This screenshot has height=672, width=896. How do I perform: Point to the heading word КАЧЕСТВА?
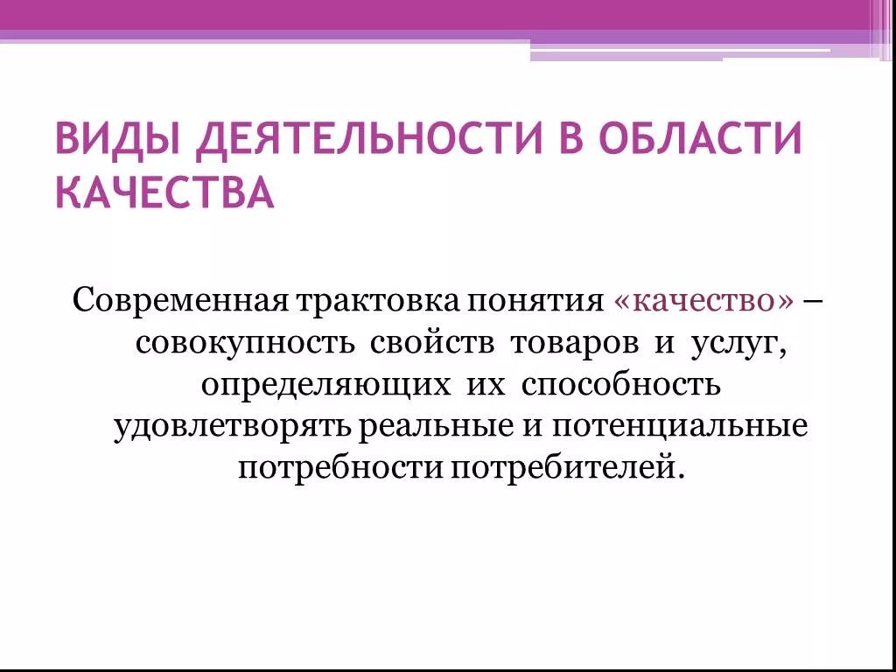164,192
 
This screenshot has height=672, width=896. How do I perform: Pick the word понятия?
538,301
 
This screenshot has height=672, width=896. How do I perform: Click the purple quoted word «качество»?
703,301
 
